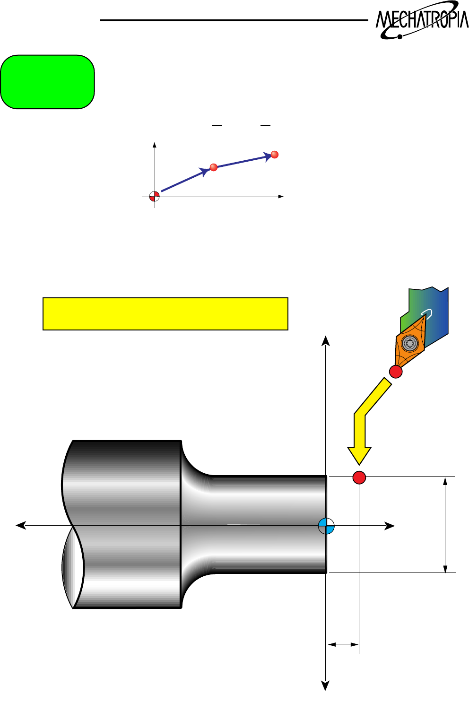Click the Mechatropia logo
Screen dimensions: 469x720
coord(421,20)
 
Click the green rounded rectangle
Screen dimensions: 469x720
coord(47,82)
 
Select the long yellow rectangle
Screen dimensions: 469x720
coord(165,314)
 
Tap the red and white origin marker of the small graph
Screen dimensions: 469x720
coord(154,196)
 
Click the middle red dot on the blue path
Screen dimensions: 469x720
coord(213,167)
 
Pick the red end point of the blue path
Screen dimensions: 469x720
coord(274,155)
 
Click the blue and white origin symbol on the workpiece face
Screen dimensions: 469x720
coord(326,526)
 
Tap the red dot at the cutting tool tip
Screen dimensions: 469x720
coord(395,372)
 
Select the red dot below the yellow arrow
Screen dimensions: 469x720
coord(359,477)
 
